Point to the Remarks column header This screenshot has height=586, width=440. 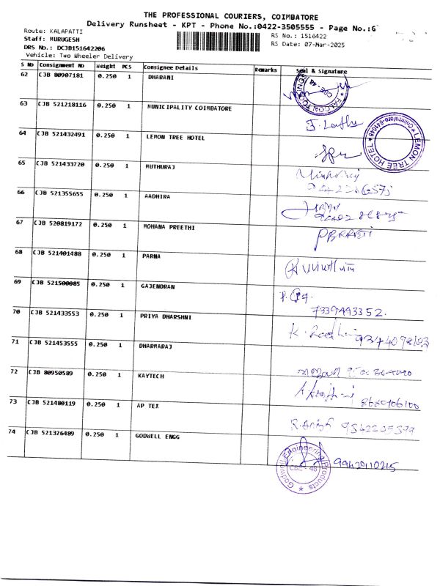(x=266, y=69)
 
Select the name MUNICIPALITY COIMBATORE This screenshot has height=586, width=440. (x=189, y=108)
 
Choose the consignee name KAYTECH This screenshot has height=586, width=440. (x=151, y=376)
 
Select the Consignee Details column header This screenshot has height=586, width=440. (x=171, y=68)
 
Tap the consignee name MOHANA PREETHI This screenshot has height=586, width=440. (x=169, y=226)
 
